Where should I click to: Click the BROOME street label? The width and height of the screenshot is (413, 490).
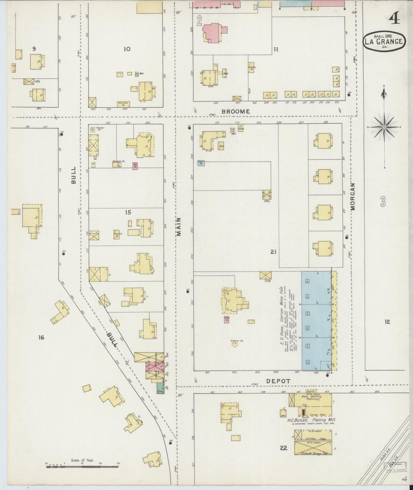coord(236,111)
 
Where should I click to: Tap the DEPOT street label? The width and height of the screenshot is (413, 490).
coord(278,381)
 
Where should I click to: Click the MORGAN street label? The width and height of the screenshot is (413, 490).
coord(353,197)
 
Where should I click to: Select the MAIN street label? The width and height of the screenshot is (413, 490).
coord(179,227)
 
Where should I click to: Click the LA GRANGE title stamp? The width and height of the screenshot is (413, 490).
coord(384,42)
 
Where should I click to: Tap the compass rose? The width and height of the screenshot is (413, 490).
coord(384,127)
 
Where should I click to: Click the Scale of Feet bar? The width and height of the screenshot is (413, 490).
coord(82,467)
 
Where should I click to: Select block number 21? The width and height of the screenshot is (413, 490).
coord(273,252)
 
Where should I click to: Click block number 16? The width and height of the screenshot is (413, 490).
coord(41,338)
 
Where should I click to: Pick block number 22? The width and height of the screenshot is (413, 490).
coord(283,447)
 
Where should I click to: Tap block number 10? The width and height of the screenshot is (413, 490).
coord(127,49)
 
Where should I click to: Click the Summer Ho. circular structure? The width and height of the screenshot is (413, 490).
coord(234,344)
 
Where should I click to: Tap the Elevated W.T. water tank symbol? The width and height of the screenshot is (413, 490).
coord(93,129)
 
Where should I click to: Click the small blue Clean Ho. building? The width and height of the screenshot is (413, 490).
coord(201,163)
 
